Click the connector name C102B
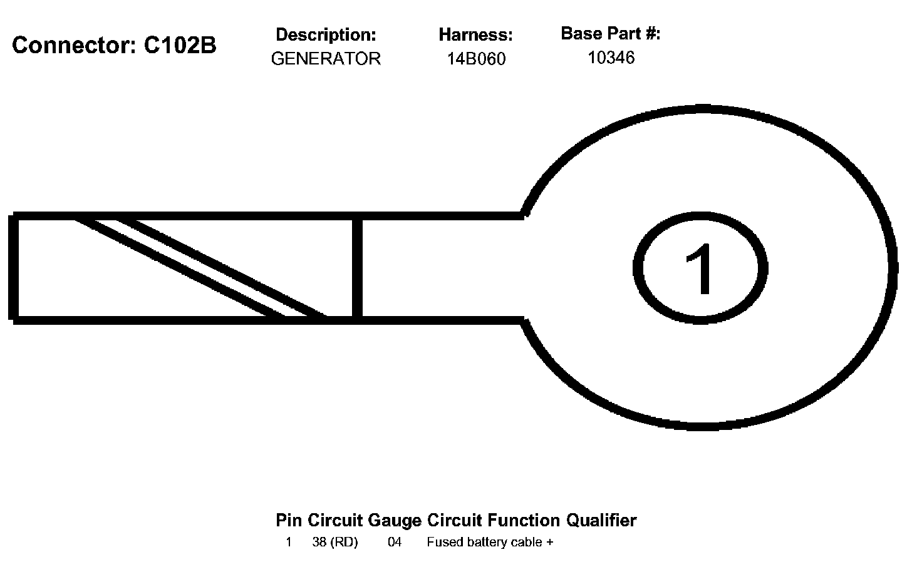tap(180, 45)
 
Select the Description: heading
tap(326, 34)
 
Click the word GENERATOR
tap(326, 59)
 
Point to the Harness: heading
tap(475, 34)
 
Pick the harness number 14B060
tap(476, 59)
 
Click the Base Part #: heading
tap(610, 33)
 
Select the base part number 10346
tap(611, 58)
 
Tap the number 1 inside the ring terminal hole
tap(700, 268)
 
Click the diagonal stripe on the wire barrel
tap(200, 268)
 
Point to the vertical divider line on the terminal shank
tap(357, 268)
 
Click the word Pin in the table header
tap(289, 520)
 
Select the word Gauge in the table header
tap(395, 520)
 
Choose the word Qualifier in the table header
tap(601, 520)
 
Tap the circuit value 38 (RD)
tap(335, 542)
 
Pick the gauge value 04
tap(395, 542)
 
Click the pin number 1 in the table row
tap(289, 542)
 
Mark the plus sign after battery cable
tap(549, 543)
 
